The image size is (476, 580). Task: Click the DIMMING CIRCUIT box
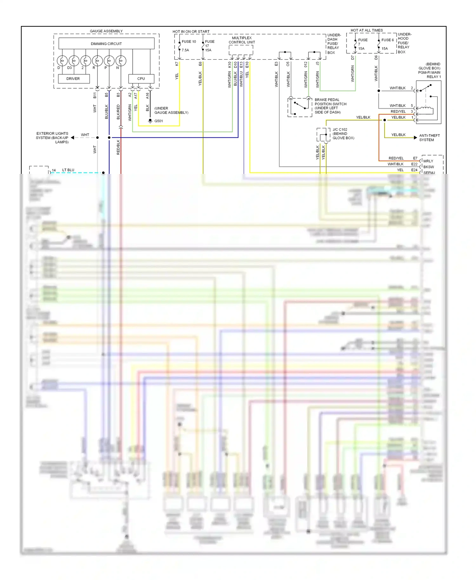pos(106,44)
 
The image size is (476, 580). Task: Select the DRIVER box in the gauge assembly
pos(73,79)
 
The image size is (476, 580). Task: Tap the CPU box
pos(141,79)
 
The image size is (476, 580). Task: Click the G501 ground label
pos(158,121)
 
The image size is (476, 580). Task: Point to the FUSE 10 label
pos(189,42)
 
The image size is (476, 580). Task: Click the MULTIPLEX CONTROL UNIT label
pos(242,40)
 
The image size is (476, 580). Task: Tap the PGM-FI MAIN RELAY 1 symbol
pos(428,102)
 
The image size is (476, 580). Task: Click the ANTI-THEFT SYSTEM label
pos(429,138)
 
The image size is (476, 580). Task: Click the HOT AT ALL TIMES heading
pos(367,30)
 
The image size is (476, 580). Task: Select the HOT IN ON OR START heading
pos(191,32)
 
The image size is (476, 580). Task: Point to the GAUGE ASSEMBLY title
pos(106,31)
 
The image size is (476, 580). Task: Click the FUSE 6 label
pos(387,40)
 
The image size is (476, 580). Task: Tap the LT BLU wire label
pos(68,170)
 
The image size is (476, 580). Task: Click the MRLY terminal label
pos(428,161)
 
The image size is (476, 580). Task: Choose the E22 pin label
pos(414,164)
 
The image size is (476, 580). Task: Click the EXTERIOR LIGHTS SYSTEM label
pos(52,138)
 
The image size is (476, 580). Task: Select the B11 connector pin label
pos(95,95)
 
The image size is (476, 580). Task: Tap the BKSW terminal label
pos(428,167)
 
